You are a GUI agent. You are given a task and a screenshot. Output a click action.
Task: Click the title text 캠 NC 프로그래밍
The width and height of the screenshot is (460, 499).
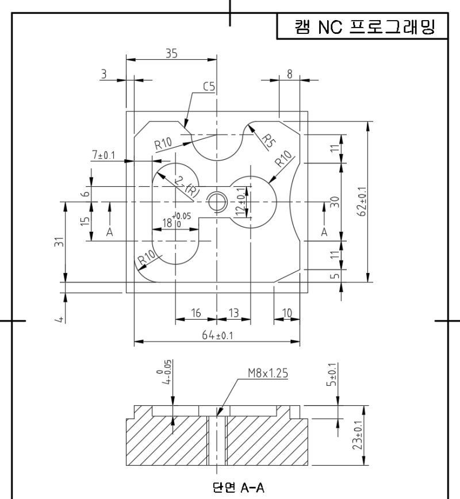365,26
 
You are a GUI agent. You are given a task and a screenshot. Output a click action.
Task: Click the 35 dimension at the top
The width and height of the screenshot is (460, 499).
171,53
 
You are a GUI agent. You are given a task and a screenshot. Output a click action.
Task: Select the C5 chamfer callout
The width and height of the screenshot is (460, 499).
209,87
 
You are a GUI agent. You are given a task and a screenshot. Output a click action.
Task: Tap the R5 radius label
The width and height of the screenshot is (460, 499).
268,141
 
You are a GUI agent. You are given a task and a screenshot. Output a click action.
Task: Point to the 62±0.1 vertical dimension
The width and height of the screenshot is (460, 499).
362,201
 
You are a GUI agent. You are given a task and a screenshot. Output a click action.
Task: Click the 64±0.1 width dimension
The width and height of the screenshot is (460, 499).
217,335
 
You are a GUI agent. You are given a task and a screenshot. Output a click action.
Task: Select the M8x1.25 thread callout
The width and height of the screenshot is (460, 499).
268,373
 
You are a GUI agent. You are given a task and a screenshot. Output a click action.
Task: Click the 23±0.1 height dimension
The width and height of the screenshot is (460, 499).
358,435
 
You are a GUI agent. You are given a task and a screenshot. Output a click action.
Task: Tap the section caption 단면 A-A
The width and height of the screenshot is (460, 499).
238,488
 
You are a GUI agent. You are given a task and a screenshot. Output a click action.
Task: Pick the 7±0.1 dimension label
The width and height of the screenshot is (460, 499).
103,155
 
